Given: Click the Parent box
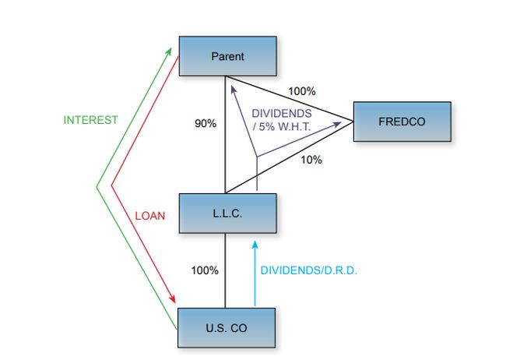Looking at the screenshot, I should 227,56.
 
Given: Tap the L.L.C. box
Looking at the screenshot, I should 227,213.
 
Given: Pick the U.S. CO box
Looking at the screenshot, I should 227,328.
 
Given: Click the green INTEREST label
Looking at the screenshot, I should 90,120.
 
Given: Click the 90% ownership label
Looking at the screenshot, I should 206,123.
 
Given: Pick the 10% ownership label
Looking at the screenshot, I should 311,160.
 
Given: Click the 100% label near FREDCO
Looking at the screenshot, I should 301,91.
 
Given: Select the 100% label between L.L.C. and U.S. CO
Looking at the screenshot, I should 205,270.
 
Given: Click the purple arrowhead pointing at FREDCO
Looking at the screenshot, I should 347,122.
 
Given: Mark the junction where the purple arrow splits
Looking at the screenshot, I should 256,157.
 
